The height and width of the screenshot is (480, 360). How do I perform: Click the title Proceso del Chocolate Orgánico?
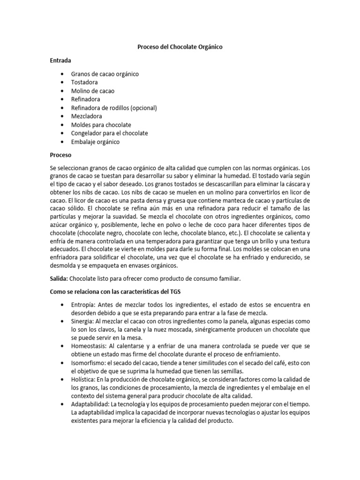point(180,47)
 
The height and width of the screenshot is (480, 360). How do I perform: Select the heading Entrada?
point(61,60)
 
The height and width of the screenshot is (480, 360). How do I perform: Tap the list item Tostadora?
point(84,82)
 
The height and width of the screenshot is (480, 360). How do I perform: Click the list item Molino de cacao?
point(92,91)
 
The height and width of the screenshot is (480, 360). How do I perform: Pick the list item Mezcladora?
point(86,116)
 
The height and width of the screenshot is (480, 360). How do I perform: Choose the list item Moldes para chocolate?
point(101,125)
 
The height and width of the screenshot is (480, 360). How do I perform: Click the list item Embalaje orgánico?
point(95,142)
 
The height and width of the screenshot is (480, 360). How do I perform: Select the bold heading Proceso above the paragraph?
point(60,155)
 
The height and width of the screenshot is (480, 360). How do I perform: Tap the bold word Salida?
point(59,279)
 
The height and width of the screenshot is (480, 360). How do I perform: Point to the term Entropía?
point(85,305)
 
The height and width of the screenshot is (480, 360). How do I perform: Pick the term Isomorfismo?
point(89,363)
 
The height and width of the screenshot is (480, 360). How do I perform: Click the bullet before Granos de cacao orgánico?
point(62,74)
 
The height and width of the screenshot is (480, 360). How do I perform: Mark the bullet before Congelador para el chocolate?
point(62,133)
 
